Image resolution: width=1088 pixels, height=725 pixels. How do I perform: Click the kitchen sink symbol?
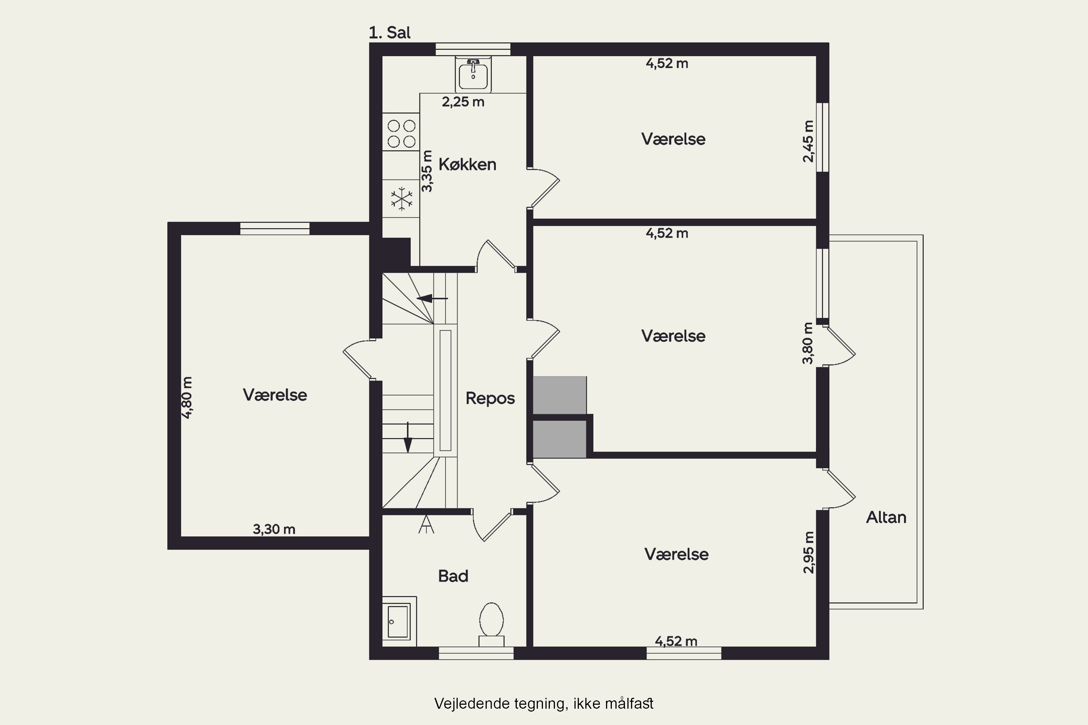[x=473, y=74]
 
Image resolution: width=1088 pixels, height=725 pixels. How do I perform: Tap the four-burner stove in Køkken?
[x=401, y=133]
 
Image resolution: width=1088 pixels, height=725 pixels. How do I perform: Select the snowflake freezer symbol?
[x=401, y=199]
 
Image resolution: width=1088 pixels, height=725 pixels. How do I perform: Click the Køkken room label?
[x=467, y=165]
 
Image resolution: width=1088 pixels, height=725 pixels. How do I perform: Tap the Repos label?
[x=490, y=398]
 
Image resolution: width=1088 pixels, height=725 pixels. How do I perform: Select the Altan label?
[x=886, y=517]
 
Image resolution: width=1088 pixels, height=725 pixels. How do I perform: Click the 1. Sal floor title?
[x=390, y=32]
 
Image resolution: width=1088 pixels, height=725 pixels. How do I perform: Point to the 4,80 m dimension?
[x=186, y=398]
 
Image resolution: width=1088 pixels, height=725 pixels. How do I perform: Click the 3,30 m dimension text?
[x=274, y=529]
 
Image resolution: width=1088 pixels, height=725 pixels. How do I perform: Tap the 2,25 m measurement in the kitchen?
[x=463, y=102]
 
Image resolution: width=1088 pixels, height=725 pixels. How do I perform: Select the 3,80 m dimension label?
[x=808, y=343]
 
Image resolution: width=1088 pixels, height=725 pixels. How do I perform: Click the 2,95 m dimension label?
[x=808, y=552]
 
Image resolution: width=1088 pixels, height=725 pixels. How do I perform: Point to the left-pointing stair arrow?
[x=432, y=299]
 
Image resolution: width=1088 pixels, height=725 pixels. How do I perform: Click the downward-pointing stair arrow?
[x=408, y=436]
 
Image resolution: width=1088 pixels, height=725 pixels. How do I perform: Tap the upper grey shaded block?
[x=560, y=395]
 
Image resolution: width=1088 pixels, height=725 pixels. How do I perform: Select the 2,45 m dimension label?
[x=808, y=141]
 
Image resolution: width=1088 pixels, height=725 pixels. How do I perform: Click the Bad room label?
[x=453, y=576]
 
